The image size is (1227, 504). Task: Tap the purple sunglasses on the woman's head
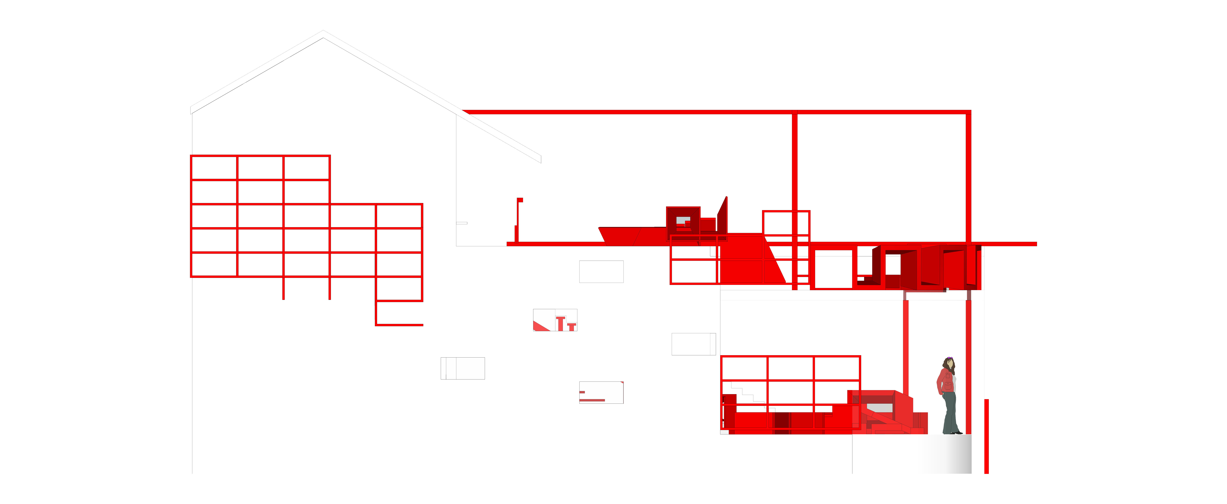point(950,358)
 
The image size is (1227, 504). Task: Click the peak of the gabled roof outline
point(323,32)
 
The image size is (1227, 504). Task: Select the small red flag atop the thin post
point(520,200)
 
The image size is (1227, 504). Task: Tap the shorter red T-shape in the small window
point(572,326)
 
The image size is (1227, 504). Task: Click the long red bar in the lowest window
point(592,400)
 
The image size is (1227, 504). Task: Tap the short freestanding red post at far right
point(986,435)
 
